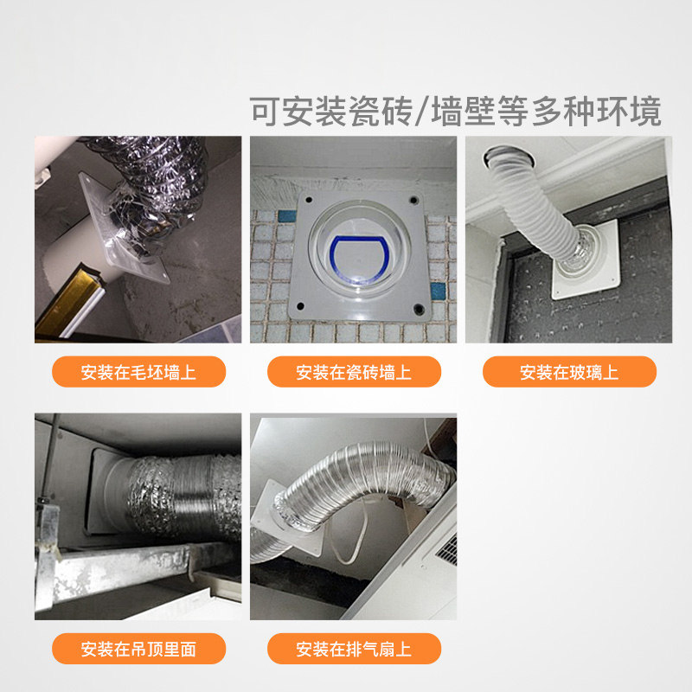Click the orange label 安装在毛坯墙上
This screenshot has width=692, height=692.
point(138,372)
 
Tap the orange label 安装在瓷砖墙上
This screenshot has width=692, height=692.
point(354,372)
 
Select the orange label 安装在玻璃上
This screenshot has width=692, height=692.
point(569,372)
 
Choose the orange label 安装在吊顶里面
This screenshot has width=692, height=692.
point(138,649)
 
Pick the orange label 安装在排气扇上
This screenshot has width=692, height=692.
point(354,649)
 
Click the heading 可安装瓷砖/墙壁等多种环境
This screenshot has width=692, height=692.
point(456,112)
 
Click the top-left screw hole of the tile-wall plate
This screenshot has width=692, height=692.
point(309,200)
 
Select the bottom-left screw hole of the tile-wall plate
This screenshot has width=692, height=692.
point(300,306)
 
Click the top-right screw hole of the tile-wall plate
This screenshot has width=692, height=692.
point(413,200)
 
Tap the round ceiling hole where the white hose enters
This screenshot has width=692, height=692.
point(509,158)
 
